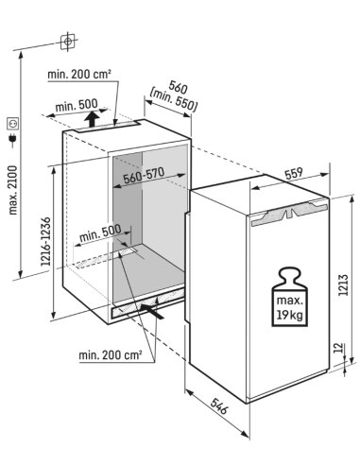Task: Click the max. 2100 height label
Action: [13, 190]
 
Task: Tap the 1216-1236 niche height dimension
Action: [46, 241]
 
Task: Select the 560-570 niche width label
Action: [144, 176]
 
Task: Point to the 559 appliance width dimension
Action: [293, 174]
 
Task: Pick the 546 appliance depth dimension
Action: [219, 405]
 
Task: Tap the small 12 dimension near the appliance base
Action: [337, 348]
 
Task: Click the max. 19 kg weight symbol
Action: [289, 297]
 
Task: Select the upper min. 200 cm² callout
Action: [79, 75]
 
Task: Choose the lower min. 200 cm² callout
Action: [111, 355]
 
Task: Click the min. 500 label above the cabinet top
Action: [77, 105]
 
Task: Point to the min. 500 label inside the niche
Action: [100, 232]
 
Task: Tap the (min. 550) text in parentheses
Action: [174, 101]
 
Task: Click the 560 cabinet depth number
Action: [179, 87]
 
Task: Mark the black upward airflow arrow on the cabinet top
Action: [93, 119]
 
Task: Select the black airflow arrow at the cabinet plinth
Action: [152, 311]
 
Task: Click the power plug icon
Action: [13, 140]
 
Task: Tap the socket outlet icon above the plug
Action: [13, 123]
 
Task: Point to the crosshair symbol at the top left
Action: [68, 42]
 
